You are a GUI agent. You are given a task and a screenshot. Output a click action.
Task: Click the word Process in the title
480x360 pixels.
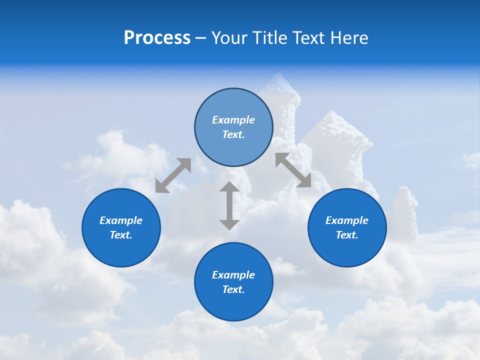pos(157,38)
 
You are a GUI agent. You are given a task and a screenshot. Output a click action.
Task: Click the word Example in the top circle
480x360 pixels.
pos(233,120)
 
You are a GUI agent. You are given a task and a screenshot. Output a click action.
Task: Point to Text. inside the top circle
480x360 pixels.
pos(233,134)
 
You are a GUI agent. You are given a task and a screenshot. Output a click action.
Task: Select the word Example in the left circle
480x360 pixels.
pos(121,220)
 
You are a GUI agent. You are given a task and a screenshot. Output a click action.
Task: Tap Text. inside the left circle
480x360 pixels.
pos(121,235)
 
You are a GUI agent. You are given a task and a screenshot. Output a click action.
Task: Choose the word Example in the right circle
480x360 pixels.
pos(347,220)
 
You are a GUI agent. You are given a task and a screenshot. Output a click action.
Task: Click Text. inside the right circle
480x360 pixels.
pos(347,235)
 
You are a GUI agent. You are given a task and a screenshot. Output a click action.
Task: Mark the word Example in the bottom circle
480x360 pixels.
pos(233,275)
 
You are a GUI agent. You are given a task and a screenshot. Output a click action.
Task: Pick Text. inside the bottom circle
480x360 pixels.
pos(233,289)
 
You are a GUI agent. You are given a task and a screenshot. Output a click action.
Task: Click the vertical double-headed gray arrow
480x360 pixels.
pos(229,205)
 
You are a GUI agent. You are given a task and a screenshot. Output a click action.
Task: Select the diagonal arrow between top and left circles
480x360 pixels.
pos(173,175)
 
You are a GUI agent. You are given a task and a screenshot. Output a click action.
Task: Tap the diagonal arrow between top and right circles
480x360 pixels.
pos(293,170)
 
